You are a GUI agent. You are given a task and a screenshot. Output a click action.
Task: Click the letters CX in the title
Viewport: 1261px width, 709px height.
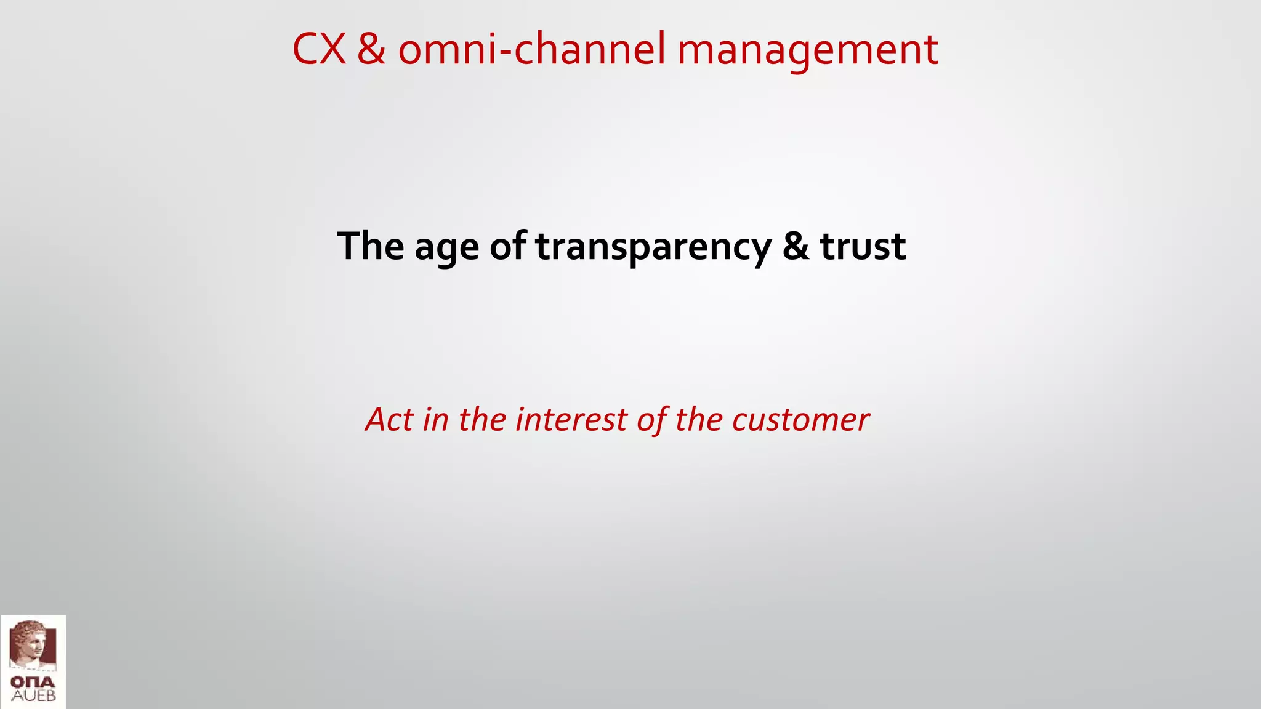(x=318, y=49)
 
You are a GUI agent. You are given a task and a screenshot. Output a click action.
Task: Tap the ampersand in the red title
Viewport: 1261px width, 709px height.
(x=371, y=49)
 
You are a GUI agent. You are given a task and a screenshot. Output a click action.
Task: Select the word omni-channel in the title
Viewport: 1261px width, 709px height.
(x=532, y=49)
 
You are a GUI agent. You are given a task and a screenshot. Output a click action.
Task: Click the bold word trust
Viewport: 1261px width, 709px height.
(x=862, y=246)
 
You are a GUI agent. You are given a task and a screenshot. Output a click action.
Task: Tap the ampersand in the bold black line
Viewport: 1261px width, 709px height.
(x=796, y=246)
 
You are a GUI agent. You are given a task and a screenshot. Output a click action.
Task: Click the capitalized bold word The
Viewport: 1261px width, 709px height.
(x=370, y=246)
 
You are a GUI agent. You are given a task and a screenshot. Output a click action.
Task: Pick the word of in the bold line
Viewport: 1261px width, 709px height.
(x=508, y=246)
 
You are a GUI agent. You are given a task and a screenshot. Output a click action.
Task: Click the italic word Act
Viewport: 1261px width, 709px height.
(x=389, y=420)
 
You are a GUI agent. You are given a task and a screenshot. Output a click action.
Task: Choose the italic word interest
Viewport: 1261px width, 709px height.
(x=571, y=420)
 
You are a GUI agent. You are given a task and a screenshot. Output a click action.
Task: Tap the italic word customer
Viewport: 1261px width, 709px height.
(x=800, y=420)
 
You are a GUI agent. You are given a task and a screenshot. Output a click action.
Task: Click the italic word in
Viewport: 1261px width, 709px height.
(x=435, y=420)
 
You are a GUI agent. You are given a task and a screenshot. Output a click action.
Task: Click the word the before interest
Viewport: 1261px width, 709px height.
(x=482, y=420)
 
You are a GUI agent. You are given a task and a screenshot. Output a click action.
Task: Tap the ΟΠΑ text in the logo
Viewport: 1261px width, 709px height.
(x=33, y=683)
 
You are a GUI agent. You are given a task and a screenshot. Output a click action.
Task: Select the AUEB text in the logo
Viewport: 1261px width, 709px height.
(x=33, y=696)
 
